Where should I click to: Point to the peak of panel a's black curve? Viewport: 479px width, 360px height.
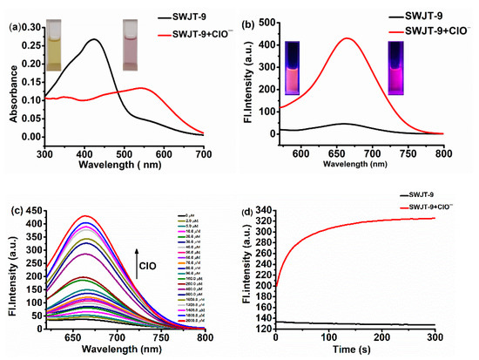tap(95, 39)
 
